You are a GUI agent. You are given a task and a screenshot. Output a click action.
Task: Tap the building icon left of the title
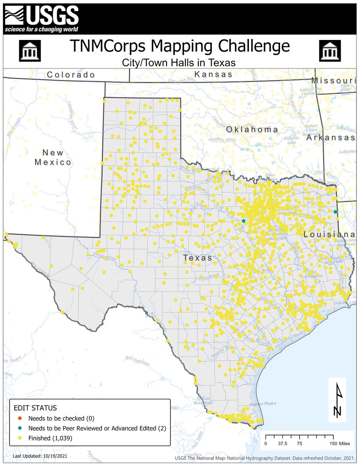pyautogui.click(x=30, y=51)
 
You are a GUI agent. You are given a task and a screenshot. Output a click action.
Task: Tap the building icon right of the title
pyautogui.click(x=330, y=51)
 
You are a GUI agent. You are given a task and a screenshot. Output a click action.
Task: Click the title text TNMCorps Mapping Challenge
pyautogui.click(x=180, y=46)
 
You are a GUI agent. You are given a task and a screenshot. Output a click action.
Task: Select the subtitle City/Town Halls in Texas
pyautogui.click(x=180, y=62)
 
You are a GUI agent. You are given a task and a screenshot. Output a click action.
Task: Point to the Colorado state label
pyautogui.click(x=71, y=75)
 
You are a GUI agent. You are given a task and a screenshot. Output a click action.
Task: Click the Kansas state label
pyautogui.click(x=214, y=74)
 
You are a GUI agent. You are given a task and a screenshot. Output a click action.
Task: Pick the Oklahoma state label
pyautogui.click(x=252, y=129)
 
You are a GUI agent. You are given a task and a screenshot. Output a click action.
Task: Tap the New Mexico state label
pyautogui.click(x=53, y=157)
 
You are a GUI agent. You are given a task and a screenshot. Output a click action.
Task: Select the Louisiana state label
pyautogui.click(x=329, y=235)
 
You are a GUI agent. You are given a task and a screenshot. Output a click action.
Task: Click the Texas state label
pyautogui.click(x=198, y=257)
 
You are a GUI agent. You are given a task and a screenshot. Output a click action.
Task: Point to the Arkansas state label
pyautogui.click(x=330, y=137)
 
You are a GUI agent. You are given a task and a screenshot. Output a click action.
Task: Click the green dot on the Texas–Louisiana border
pyautogui.click(x=336, y=212)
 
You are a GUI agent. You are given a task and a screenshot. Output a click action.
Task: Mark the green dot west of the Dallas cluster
pyautogui.click(x=243, y=221)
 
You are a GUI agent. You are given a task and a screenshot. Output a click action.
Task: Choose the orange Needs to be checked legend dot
pyautogui.click(x=20, y=419)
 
